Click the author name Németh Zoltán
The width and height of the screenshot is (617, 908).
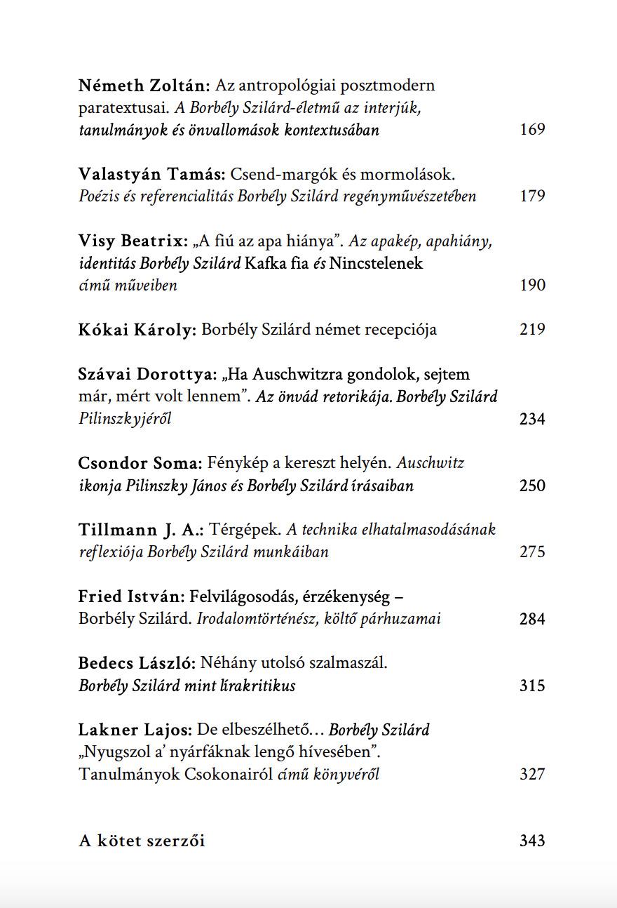coord(144,86)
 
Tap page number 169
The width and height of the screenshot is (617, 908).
coord(532,129)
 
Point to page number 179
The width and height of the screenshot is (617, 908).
coord(532,196)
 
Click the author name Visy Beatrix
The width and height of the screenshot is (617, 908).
coord(134,241)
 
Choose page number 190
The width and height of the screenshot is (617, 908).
coord(532,285)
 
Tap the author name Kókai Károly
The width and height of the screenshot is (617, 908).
coord(137,329)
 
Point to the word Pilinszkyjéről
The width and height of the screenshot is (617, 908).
coord(125,419)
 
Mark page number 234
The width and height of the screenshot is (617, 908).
coord(532,419)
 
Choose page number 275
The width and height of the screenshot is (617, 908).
coord(532,552)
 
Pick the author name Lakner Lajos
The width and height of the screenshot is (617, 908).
coord(135,730)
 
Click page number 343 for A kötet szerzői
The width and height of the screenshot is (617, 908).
coord(532,841)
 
